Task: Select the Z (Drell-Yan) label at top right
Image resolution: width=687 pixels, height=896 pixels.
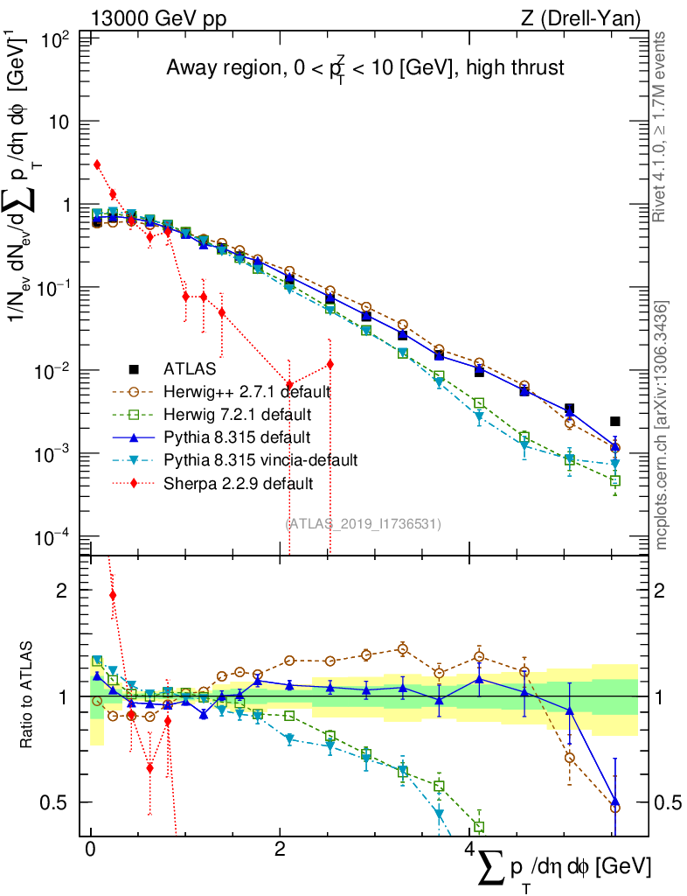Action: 587,17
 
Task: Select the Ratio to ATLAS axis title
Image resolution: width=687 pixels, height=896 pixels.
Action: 29,695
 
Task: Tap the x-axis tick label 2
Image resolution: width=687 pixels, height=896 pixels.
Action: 280,850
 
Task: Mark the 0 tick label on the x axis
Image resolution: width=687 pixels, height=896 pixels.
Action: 91,850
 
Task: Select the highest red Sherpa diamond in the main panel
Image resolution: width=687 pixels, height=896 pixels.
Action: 97,164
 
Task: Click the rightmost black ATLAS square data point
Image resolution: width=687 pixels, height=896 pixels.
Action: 615,421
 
